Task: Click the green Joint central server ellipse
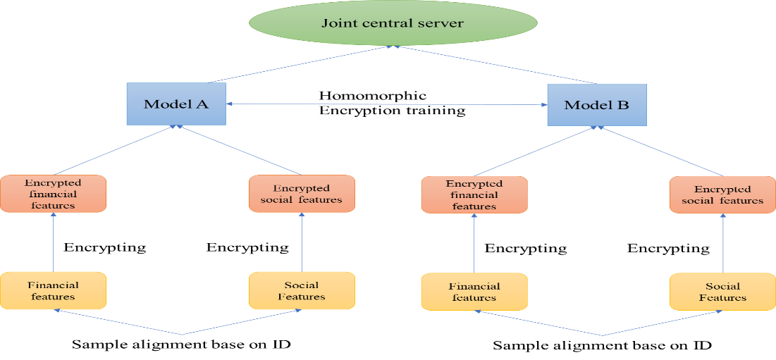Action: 393,23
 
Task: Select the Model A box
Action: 175,104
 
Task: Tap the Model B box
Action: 596,105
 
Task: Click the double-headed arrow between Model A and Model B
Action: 386,104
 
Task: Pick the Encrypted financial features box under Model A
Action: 53,194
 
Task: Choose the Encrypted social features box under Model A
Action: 302,194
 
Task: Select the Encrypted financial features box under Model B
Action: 474,194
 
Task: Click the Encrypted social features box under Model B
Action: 722,194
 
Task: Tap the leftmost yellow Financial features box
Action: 53,290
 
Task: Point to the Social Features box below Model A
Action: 302,290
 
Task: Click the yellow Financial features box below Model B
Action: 474,292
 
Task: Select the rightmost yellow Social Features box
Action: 722,292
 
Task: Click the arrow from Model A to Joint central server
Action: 300,65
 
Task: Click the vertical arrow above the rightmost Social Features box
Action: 723,243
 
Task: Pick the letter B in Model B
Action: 622,106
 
